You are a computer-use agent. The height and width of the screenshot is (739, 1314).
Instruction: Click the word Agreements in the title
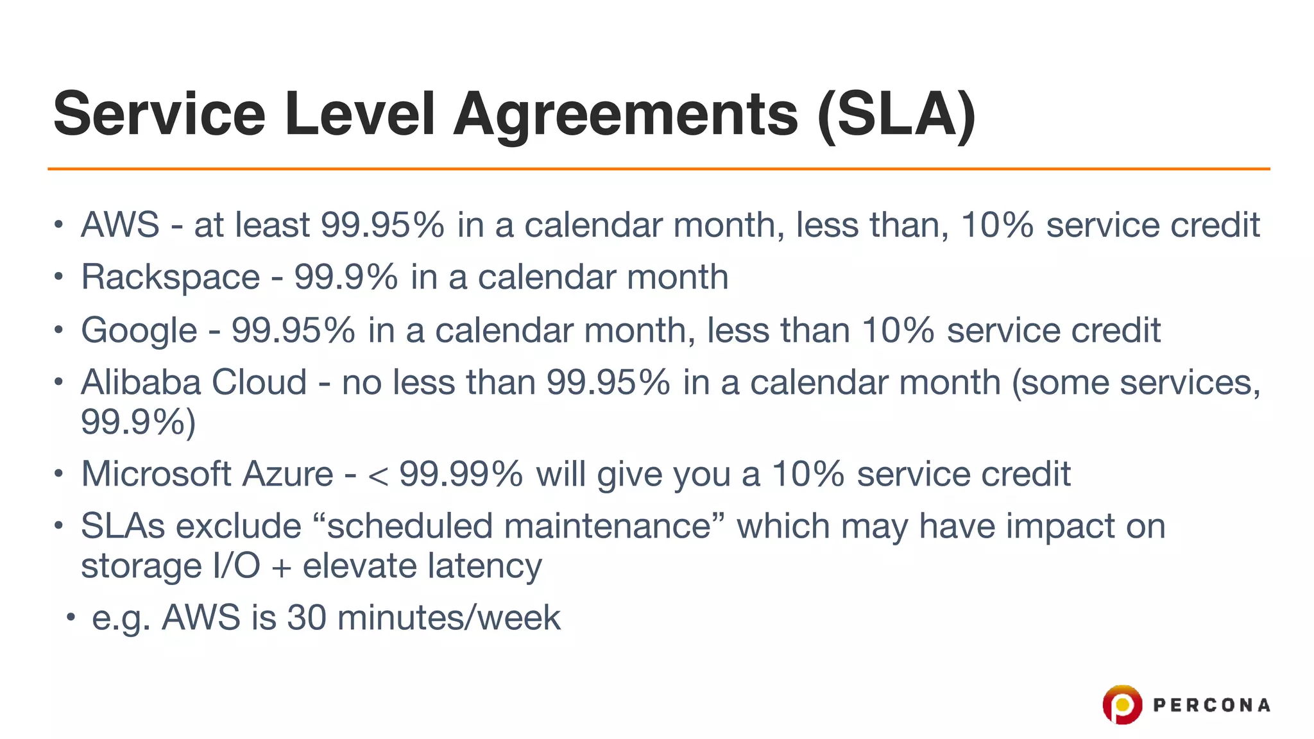click(x=626, y=115)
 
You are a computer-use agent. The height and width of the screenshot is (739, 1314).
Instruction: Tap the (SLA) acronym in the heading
click(x=896, y=115)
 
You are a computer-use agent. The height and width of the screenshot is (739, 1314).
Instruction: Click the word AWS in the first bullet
click(x=120, y=225)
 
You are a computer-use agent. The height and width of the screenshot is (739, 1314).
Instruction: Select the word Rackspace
click(x=170, y=278)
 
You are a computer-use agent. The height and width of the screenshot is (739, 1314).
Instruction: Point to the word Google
click(x=139, y=331)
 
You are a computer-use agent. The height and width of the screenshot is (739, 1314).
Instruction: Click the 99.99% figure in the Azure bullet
click(x=461, y=475)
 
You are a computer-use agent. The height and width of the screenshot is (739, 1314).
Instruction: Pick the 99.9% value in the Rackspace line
click(x=346, y=278)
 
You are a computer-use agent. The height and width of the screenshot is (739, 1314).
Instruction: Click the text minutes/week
click(x=448, y=618)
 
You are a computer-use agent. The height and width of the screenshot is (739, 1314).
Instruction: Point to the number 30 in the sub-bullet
click(x=307, y=618)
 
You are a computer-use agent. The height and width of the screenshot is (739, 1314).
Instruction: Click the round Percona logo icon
click(x=1122, y=704)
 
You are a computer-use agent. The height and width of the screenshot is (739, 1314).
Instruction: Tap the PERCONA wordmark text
click(x=1211, y=706)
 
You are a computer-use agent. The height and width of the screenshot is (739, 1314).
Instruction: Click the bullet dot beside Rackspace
click(x=58, y=277)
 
